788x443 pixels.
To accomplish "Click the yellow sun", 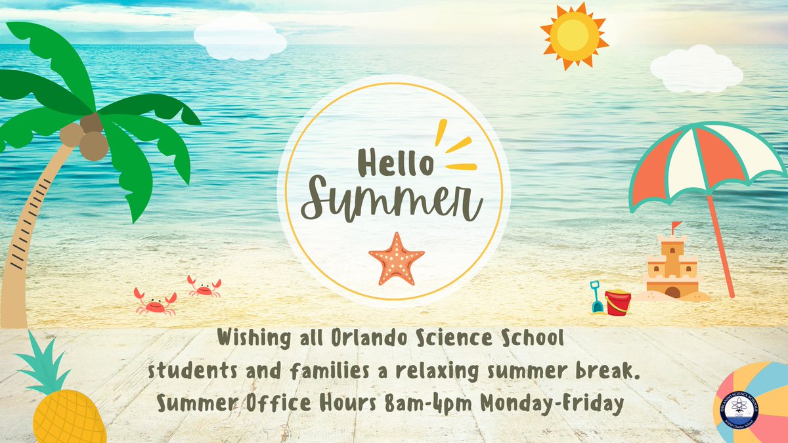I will point(573,36).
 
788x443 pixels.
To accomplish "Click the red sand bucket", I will point(617,303).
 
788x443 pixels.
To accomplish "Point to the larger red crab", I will point(155,302).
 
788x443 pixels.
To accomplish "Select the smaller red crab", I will point(204,286).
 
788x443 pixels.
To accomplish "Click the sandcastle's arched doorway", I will point(672,292).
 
